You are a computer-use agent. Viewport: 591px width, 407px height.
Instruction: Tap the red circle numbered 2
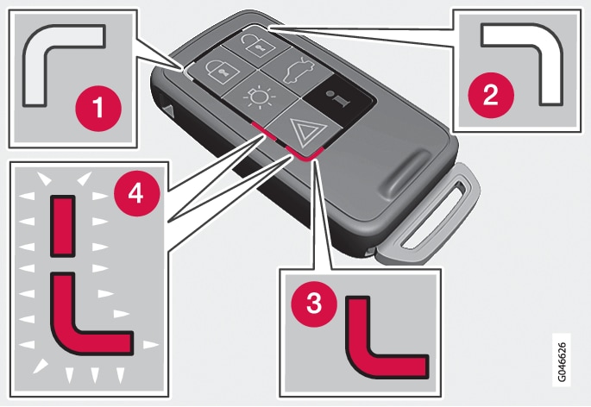(490, 93)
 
